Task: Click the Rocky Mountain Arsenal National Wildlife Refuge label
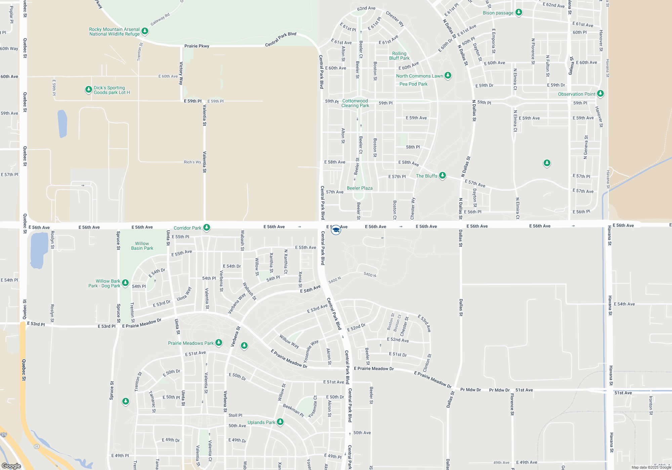[x=114, y=32]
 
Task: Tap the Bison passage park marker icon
[x=519, y=12]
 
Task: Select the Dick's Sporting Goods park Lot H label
[x=112, y=90]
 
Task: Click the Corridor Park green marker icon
[x=207, y=227]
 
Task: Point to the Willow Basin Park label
[x=142, y=246]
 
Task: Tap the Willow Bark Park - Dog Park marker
[x=125, y=283]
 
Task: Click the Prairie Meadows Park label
[x=191, y=343]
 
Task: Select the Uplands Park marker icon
[x=280, y=422]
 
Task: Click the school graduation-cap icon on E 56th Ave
[x=336, y=230]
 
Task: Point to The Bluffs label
[x=426, y=176]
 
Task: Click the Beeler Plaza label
[x=360, y=188]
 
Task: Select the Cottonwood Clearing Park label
[x=355, y=103]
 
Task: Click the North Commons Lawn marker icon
[x=448, y=75]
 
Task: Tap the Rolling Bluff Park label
[x=399, y=56]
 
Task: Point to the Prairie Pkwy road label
[x=197, y=46]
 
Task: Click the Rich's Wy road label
[x=192, y=162]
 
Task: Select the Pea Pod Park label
[x=413, y=84]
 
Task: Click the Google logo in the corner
[x=11, y=466]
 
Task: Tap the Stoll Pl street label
[x=235, y=415]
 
